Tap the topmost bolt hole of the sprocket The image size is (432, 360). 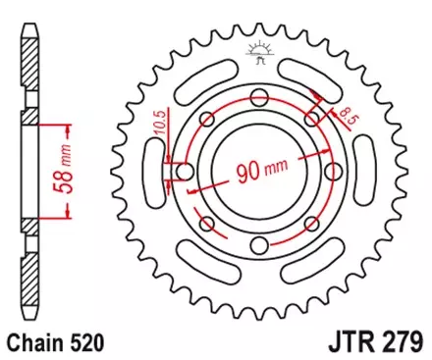[x=260, y=96]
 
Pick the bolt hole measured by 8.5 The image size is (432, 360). [x=312, y=119]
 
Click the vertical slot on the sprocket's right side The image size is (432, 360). [x=372, y=172]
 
